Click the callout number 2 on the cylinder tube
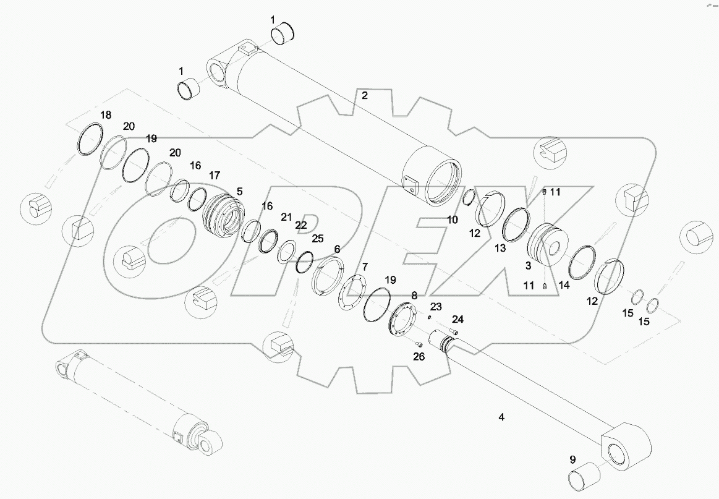tap(365, 95)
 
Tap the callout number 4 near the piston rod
tap(501, 417)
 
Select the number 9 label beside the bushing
tap(572, 459)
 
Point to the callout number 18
tap(106, 115)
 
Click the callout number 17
tap(215, 176)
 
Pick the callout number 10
tap(453, 220)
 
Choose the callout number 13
tap(500, 248)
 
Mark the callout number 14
tap(564, 285)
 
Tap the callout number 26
tap(419, 357)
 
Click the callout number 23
tap(436, 307)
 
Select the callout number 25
tap(317, 238)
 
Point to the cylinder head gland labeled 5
tap(221, 216)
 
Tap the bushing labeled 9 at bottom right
tap(584, 480)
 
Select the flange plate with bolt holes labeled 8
tap(405, 318)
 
